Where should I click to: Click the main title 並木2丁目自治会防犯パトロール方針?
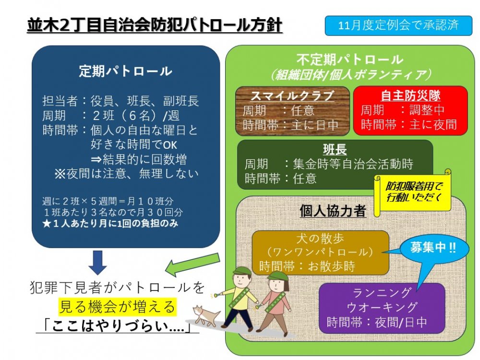(155, 25)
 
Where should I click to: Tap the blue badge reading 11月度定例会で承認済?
(398, 25)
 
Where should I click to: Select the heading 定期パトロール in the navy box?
(125, 71)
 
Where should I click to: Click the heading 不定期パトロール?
(349, 60)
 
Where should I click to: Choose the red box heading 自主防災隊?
(410, 96)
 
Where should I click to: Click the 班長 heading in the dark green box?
(335, 150)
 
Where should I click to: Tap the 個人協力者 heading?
(333, 211)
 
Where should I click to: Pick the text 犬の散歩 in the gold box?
(320, 239)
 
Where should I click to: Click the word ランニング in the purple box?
(382, 293)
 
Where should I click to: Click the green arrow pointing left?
(192, 263)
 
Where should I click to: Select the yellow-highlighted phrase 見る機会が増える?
(118, 307)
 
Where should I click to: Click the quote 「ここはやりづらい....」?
(118, 326)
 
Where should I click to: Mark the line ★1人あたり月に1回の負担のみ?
(110, 224)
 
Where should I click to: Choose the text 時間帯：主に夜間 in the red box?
(409, 125)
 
